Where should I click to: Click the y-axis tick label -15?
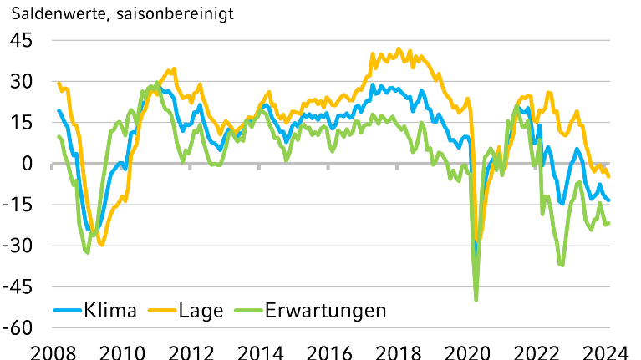pos(18,205)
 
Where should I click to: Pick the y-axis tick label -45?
pos(18,286)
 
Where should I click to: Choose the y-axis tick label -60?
pos(18,327)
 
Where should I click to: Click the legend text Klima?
pos(110,312)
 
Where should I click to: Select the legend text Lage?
pos(201,312)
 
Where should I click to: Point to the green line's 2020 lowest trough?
pos(476,299)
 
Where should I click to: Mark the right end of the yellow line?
pos(609,176)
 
